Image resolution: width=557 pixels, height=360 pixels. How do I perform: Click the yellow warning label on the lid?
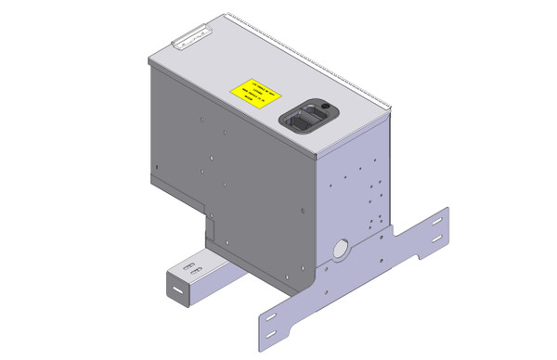253,94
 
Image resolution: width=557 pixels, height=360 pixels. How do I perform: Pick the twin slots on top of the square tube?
188,269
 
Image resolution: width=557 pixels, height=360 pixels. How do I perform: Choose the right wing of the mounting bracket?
422,241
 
